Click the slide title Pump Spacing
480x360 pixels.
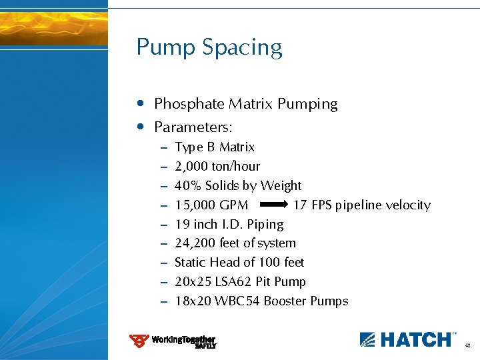[209, 48]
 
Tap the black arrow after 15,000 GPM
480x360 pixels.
[272, 205]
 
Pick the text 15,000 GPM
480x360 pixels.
[211, 205]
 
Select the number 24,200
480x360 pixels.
[192, 243]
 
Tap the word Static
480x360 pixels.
[191, 263]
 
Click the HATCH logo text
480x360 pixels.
[415, 339]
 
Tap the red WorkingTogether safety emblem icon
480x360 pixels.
[139, 341]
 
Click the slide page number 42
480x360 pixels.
[468, 346]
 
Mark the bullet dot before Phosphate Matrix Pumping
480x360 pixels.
[139, 104]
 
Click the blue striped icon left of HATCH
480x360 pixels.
[368, 339]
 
